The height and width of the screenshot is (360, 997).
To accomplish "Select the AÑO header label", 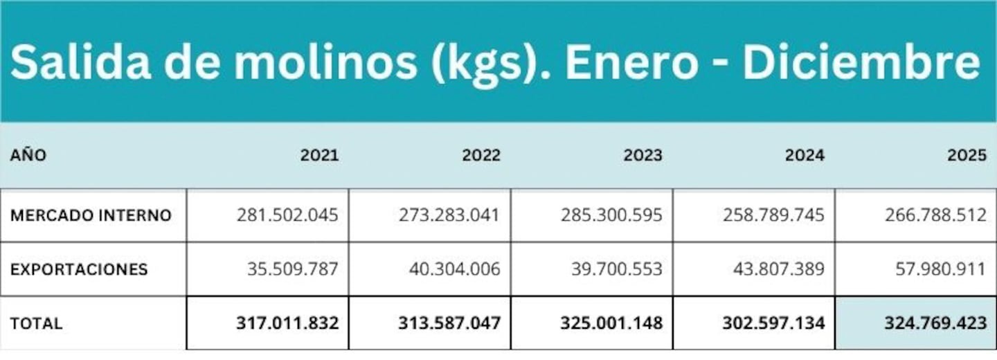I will [28, 155].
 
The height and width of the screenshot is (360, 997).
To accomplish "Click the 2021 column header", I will [319, 155].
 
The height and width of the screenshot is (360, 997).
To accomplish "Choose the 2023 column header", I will [643, 155].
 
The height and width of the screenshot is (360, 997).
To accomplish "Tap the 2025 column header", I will [967, 155].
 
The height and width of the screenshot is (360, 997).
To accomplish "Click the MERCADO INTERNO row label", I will [91, 215].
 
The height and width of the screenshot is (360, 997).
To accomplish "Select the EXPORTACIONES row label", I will [79, 269].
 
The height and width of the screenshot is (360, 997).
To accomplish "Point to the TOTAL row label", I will [36, 323].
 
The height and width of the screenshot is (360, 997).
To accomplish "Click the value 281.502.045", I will [287, 215].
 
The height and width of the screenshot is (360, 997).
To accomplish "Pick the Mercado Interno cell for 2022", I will [449, 215].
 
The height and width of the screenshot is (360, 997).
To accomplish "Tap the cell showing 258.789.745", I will [773, 215].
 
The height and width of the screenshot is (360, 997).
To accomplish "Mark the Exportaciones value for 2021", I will [293, 269].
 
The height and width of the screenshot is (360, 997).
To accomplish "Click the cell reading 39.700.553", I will [617, 269].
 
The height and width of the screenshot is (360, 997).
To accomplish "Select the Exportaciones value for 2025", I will [941, 269].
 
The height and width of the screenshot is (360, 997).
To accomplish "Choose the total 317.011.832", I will [287, 323].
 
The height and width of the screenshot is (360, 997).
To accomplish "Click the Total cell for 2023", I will [611, 323].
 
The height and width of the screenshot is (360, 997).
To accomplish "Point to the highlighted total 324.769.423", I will [935, 323].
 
